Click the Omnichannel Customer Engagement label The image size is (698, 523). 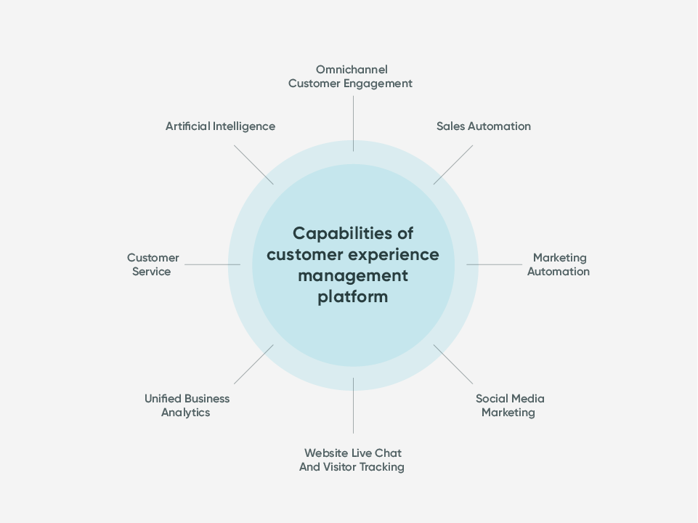pos(350,76)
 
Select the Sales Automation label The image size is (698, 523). pos(483,126)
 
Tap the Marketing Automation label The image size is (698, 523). pos(558,264)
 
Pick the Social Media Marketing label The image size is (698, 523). pos(509,405)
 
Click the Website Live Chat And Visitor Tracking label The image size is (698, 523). pos(352,460)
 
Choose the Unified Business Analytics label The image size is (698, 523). pos(187,405)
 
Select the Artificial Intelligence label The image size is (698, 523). pos(220,126)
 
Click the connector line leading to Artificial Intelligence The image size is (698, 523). pos(253,164)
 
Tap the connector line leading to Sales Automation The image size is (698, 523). pos(453,164)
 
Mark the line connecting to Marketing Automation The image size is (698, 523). pos(494,264)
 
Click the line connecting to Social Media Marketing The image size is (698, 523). pos(453,364)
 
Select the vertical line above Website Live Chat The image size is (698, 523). pos(354,405)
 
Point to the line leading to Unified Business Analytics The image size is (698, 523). pos(253,364)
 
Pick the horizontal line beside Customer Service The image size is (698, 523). pos(212,264)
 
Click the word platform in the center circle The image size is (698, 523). pos(353,297)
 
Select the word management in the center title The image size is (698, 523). pos(353,276)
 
